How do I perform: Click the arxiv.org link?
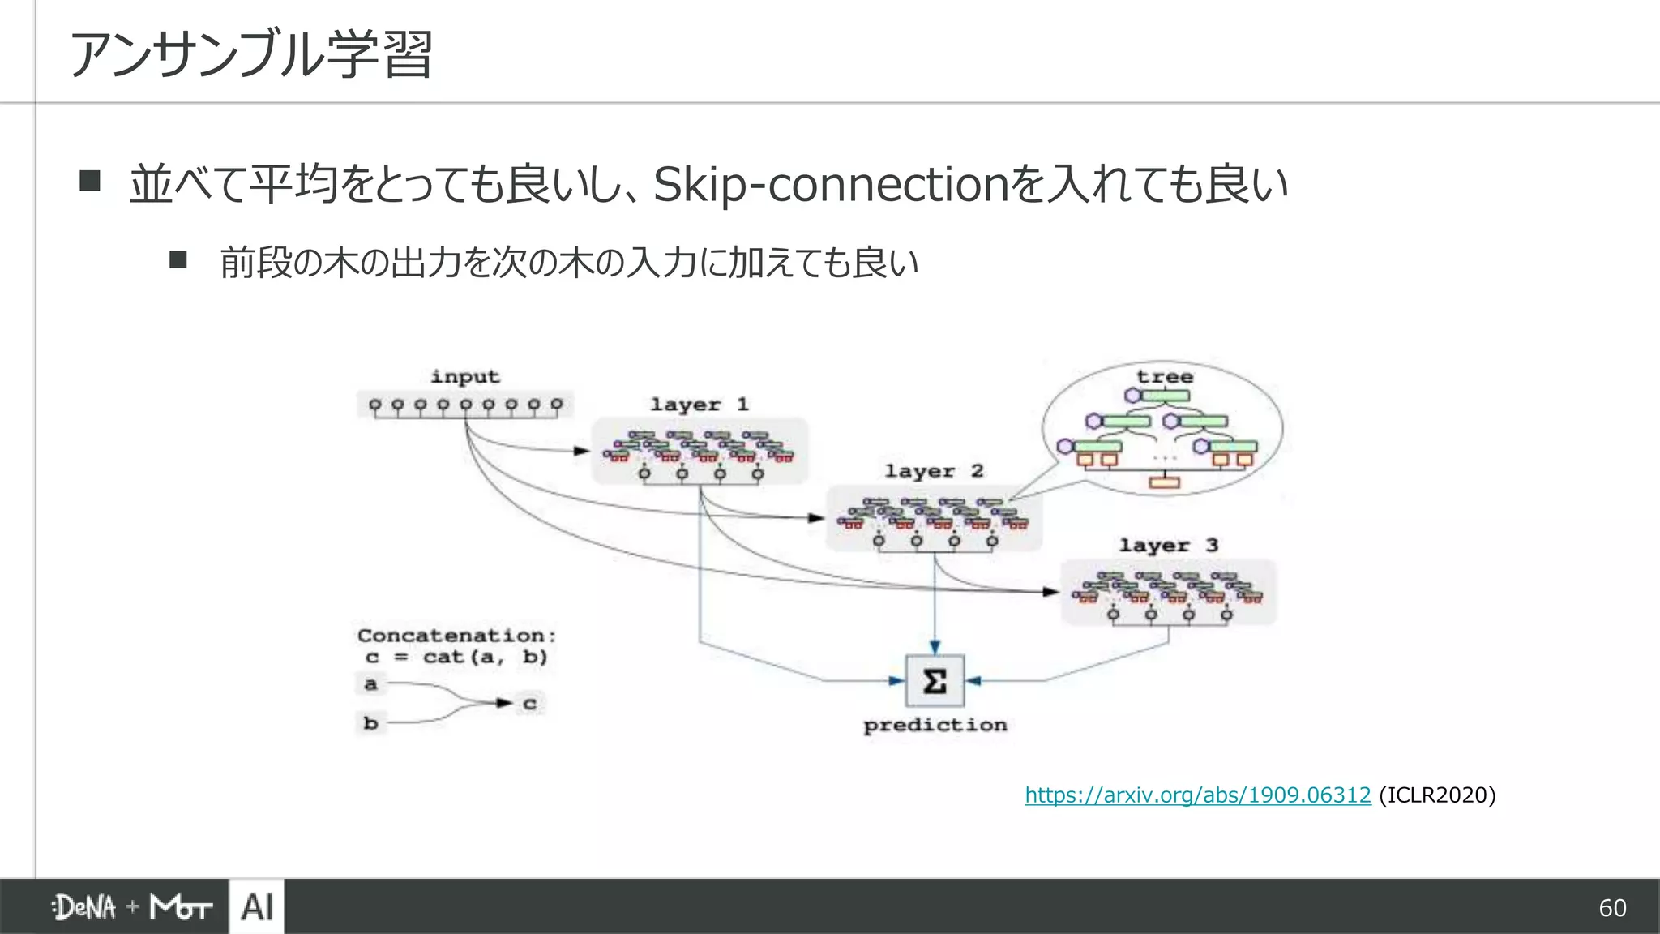point(1197,795)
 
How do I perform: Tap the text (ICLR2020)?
point(1436,795)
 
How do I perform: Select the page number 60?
point(1611,907)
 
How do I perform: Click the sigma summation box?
point(935,681)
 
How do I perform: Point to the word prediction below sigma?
point(935,725)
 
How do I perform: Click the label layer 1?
point(699,404)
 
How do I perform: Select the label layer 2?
point(934,471)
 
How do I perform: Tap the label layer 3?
point(1168,545)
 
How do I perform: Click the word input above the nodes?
point(465,377)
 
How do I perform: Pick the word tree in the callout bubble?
point(1164,377)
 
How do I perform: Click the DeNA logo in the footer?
point(84,907)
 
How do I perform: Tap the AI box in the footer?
point(257,906)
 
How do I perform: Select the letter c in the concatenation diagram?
point(529,703)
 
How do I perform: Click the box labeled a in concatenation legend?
point(370,684)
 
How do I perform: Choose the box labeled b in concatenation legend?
point(370,722)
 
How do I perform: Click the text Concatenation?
point(456,635)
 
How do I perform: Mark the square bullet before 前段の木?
point(178,259)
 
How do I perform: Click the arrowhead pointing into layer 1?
point(582,451)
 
